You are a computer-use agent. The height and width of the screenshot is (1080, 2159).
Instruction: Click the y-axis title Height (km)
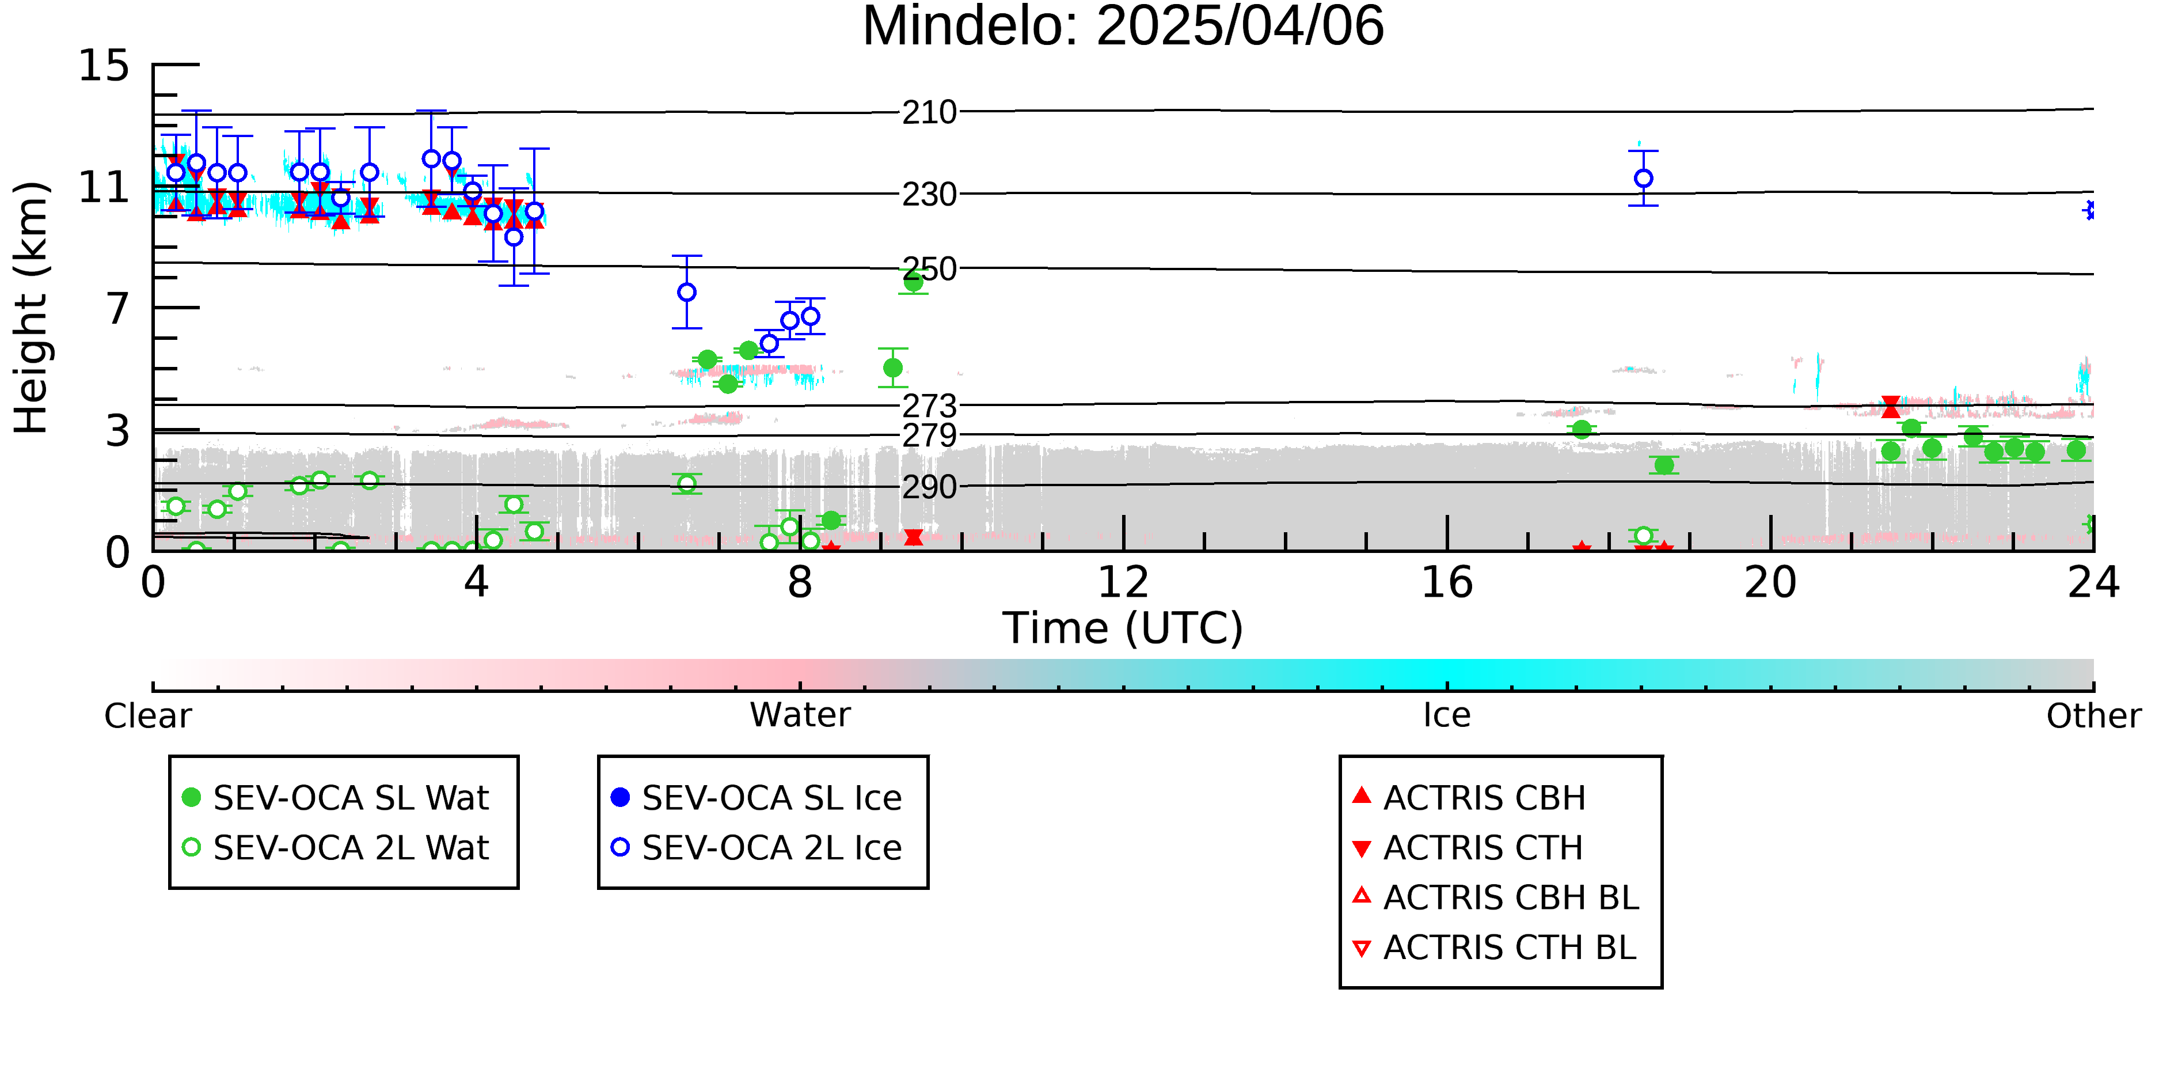[x=31, y=308]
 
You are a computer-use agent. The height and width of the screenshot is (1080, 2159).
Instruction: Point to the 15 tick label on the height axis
[x=104, y=66]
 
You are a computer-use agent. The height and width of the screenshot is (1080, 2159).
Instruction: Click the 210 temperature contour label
[x=929, y=112]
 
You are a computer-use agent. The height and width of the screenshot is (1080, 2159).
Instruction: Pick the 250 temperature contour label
[x=929, y=269]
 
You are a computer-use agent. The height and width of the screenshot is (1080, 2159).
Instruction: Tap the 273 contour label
[x=929, y=407]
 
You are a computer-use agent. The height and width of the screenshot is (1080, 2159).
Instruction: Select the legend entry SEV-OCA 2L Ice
[x=758, y=848]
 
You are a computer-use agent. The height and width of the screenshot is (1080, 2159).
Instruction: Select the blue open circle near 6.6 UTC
[x=686, y=292]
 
